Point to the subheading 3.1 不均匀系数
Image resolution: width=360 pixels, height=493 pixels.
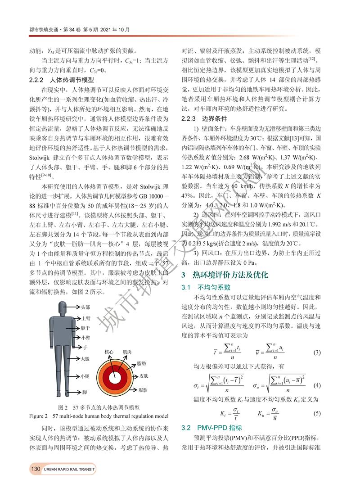pos(206,286)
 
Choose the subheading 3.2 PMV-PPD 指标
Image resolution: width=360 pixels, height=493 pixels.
pos(211,427)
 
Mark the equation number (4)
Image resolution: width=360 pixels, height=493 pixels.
pos(317,385)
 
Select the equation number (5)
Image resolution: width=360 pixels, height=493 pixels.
pos(317,413)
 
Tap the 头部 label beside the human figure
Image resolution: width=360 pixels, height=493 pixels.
pos(85,307)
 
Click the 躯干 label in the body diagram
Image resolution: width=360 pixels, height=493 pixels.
pos(85,327)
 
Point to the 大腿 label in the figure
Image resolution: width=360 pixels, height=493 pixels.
pos(85,359)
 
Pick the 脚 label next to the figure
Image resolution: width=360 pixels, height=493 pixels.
pos(85,392)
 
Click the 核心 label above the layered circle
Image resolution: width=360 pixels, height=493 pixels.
pos(109,352)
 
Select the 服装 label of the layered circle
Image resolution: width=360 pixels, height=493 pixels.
pos(144,389)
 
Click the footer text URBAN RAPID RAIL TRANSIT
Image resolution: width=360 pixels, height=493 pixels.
pos(70,470)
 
